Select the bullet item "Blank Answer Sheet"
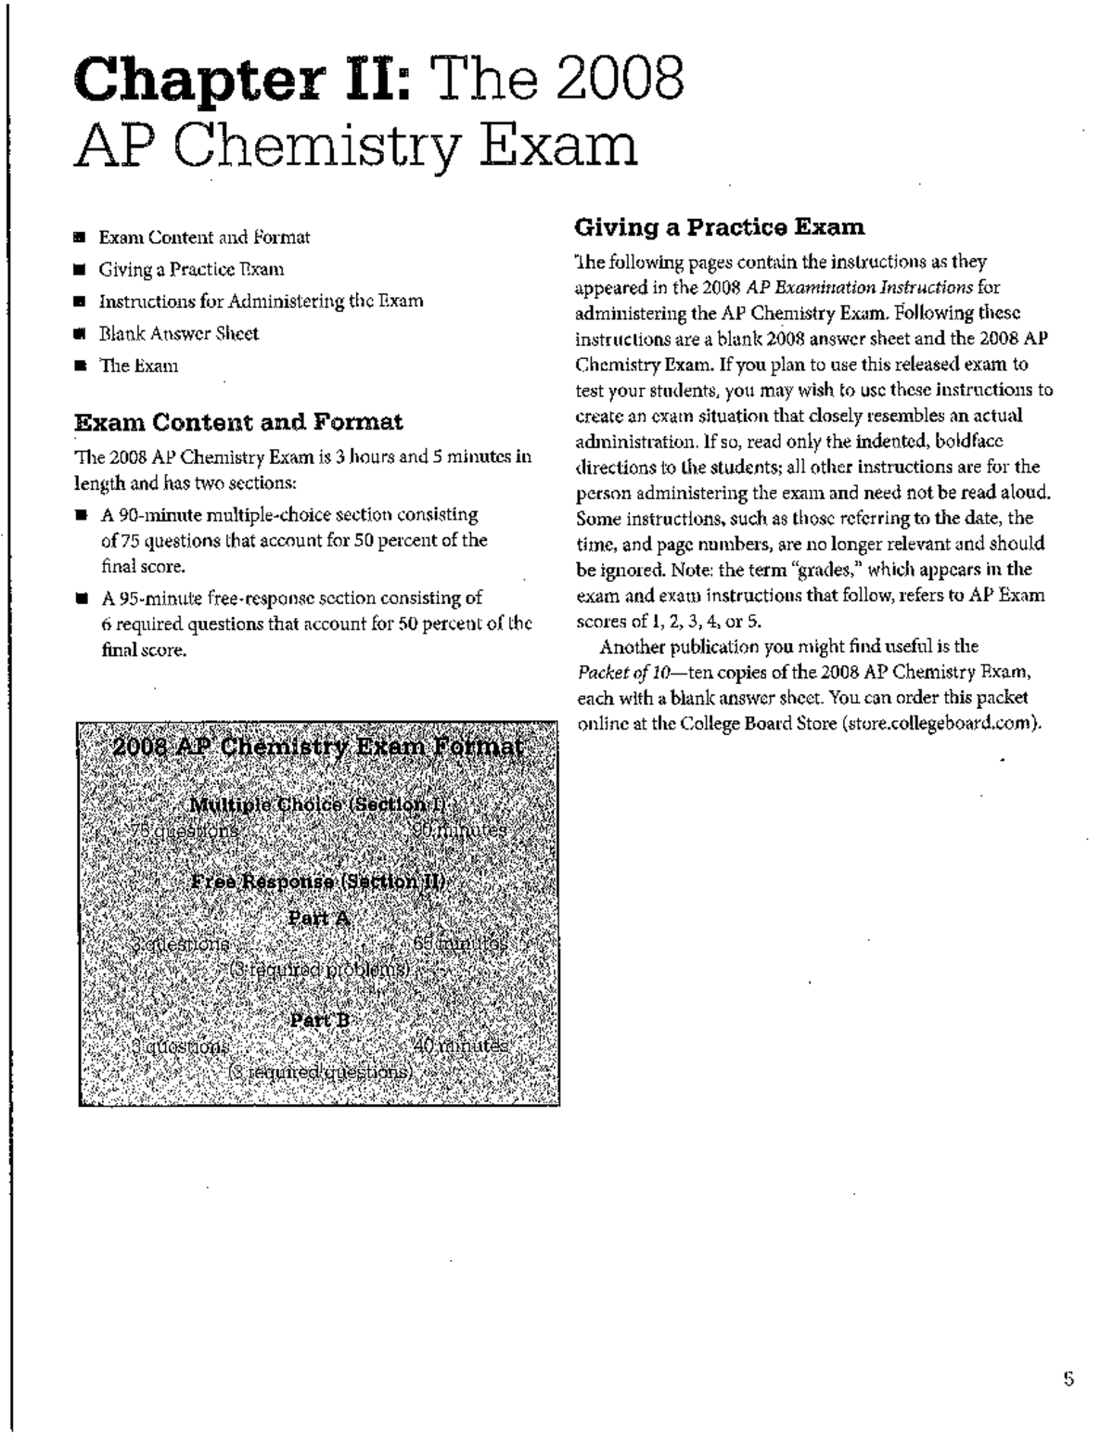tap(178, 334)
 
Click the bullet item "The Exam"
tap(138, 366)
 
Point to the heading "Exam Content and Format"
tap(238, 423)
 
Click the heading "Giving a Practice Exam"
tap(720, 227)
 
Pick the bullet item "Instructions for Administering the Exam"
tap(261, 302)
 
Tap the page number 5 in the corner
tap(1068, 1380)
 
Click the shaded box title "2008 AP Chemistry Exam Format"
tap(318, 748)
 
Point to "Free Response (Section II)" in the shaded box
tap(318, 881)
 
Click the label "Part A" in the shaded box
tap(318, 919)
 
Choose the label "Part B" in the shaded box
tap(320, 1020)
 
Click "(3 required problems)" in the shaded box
tap(319, 970)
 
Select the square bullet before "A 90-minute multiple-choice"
tap(82, 515)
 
